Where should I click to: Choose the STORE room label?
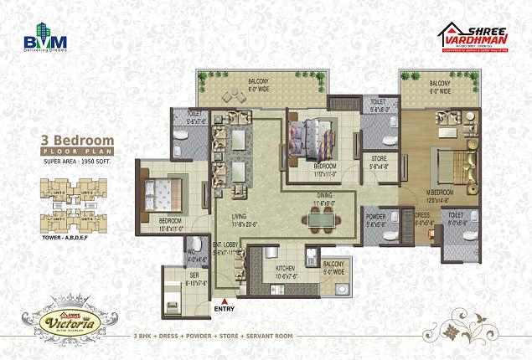tap(374, 159)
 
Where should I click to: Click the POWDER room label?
tap(376, 216)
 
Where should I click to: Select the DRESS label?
tap(422, 215)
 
